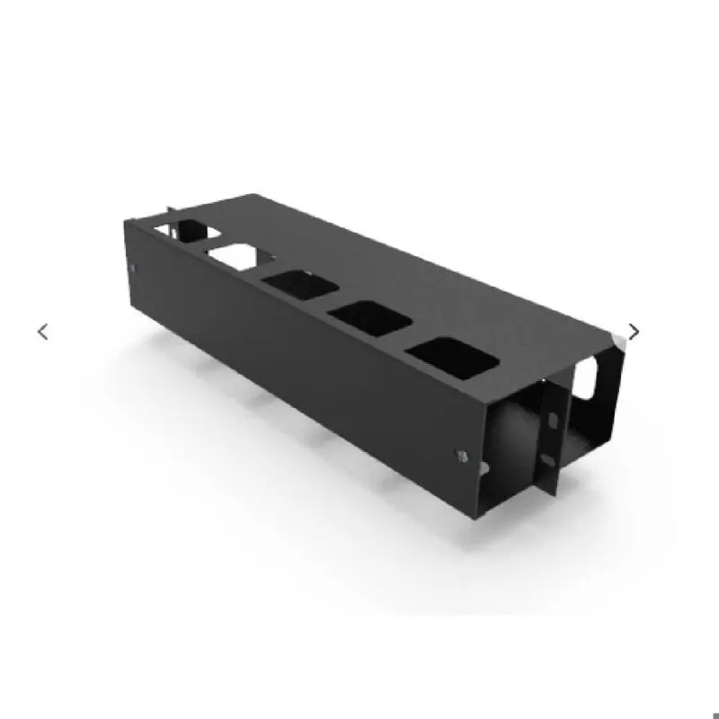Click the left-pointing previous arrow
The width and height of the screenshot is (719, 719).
(x=42, y=332)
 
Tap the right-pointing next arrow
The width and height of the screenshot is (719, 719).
(x=635, y=332)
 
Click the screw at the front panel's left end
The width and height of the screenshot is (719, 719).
(x=133, y=269)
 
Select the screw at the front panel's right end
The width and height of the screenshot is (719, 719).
(x=461, y=456)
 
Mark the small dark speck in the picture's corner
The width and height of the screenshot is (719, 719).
(x=715, y=715)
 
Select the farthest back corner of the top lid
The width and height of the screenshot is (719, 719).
(x=254, y=194)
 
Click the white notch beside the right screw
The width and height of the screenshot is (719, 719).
(x=483, y=467)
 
